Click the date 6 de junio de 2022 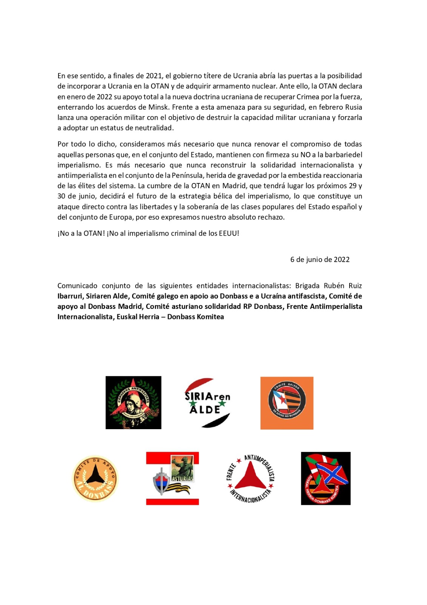click(x=320, y=259)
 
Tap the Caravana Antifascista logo click(x=133, y=402)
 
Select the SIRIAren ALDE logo click(x=207, y=403)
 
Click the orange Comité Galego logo click(x=287, y=403)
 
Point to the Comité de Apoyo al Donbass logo click(x=95, y=478)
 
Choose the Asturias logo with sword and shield click(x=173, y=478)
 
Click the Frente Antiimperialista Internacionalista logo click(x=250, y=478)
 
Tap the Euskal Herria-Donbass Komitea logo click(x=325, y=478)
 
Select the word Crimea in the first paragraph click(x=308, y=96)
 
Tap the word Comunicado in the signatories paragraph click(x=77, y=285)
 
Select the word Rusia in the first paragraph click(x=353, y=107)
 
